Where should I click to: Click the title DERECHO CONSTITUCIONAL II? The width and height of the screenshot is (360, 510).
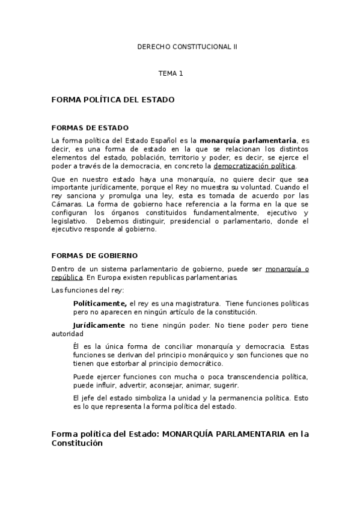point(187,46)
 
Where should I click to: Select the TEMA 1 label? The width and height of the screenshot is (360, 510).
point(170,73)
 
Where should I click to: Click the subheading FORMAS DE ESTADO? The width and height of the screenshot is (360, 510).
point(90,128)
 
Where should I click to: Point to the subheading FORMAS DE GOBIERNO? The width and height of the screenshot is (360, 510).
point(95,256)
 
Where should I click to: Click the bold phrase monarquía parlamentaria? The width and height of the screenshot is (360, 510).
point(248,140)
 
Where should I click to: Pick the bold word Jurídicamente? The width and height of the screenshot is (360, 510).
point(99,325)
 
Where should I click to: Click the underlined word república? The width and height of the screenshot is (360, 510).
point(67,278)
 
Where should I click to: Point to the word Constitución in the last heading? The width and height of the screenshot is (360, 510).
point(77,443)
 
